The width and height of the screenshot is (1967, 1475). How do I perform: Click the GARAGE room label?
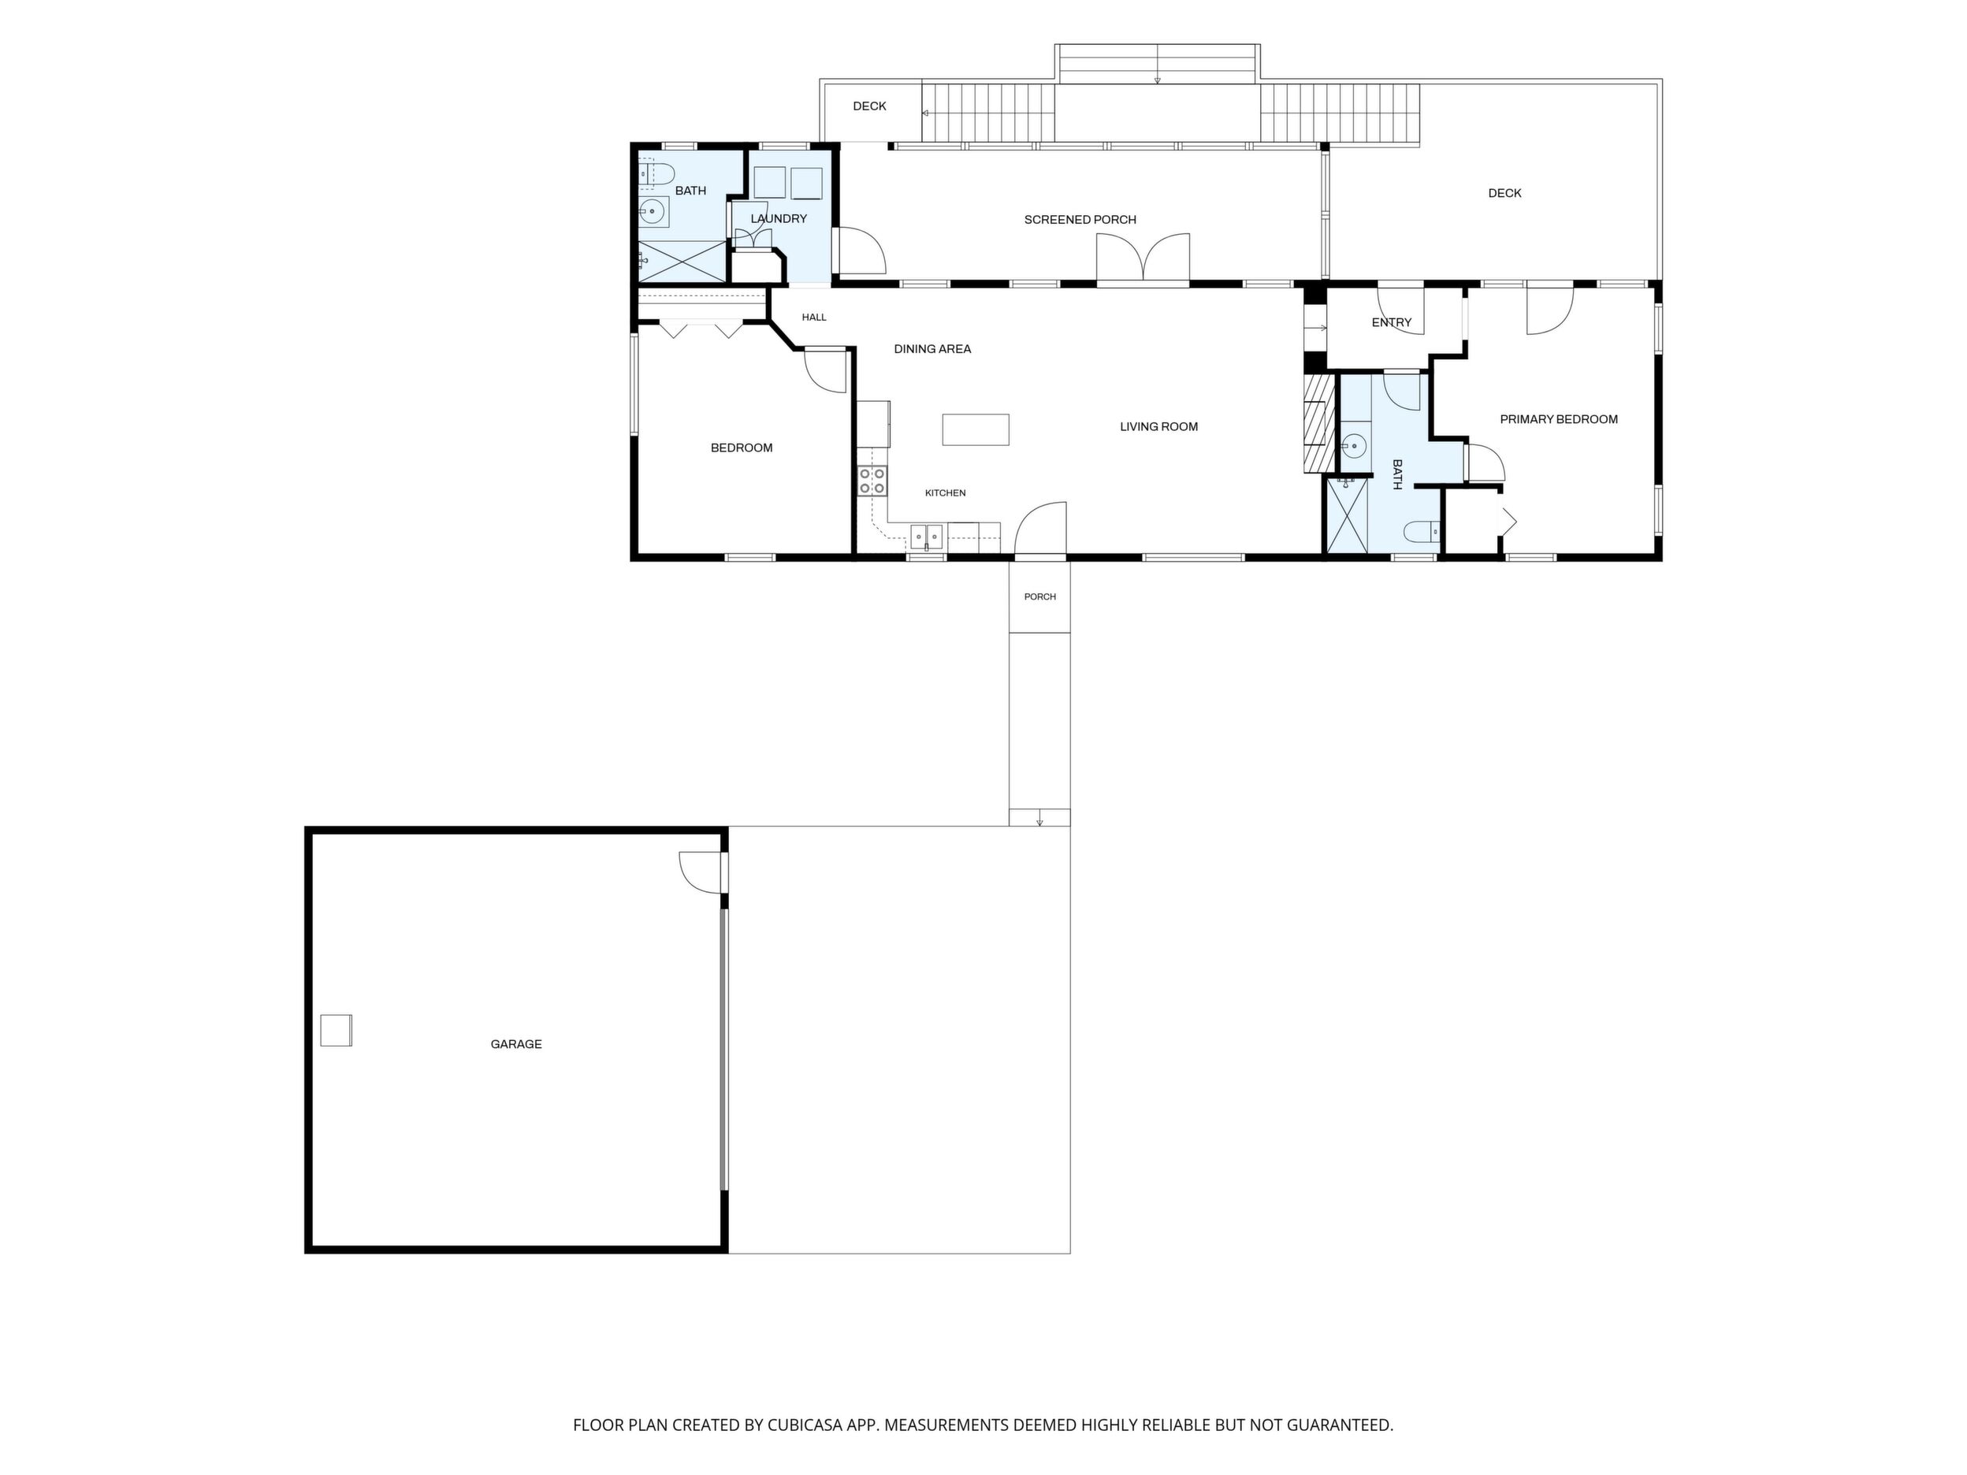point(515,1044)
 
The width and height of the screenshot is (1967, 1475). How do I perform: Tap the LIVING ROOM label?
point(1158,427)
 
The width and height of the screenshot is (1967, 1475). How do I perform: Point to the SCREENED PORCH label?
point(1080,220)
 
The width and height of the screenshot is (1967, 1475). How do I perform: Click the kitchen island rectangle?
point(976,429)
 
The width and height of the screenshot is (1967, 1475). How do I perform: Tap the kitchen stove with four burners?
point(872,481)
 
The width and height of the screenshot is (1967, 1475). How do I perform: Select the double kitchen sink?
point(927,536)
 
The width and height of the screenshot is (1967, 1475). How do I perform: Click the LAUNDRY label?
point(778,219)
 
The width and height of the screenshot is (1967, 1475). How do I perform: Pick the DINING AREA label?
point(932,349)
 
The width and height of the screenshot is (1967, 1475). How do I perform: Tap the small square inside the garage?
point(337,1031)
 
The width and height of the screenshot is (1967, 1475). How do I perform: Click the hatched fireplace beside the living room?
point(1320,423)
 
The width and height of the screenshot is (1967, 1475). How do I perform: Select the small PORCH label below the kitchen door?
point(1039,596)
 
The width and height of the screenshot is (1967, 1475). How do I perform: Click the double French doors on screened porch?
point(1143,259)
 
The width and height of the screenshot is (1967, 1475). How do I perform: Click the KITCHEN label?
point(945,493)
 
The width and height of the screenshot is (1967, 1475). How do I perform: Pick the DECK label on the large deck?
point(1504,193)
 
